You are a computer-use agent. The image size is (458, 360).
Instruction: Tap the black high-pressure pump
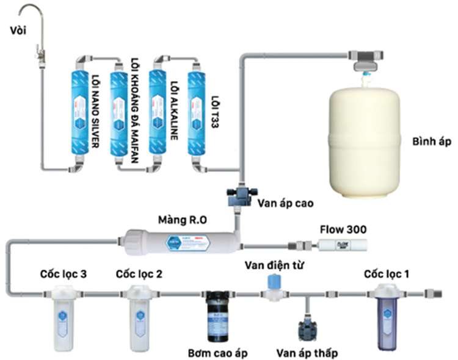pos(218,315)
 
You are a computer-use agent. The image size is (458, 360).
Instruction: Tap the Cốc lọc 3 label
pos(63,274)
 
